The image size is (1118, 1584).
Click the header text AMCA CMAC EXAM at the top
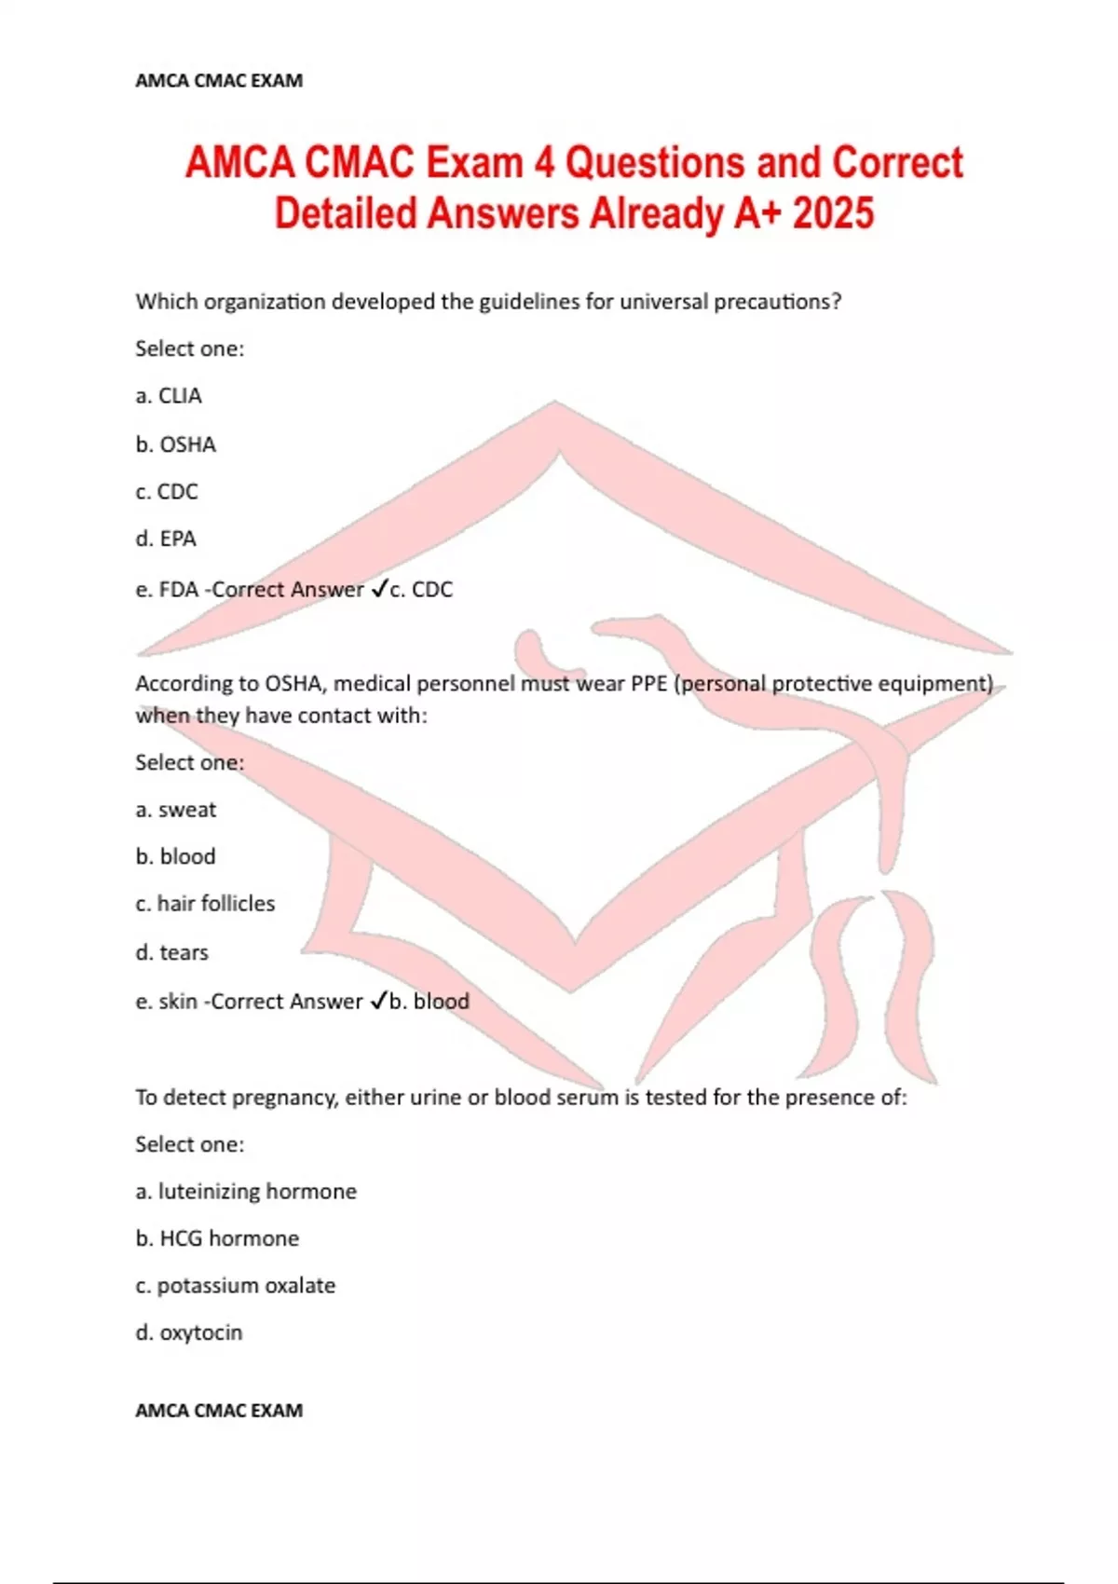tap(219, 81)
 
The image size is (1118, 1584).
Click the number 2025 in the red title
tap(833, 213)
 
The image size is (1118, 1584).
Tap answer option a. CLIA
tap(169, 396)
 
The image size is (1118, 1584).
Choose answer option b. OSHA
tap(175, 444)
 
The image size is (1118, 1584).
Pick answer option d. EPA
tap(166, 539)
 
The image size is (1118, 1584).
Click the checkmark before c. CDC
tap(379, 589)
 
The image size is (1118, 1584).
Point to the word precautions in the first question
tap(777, 302)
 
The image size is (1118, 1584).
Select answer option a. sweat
tap(175, 810)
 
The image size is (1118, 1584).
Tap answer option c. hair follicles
tap(205, 904)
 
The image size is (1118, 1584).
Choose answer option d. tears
tap(171, 952)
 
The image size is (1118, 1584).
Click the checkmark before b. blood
tap(378, 1001)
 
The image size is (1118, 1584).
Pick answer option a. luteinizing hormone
tap(246, 1192)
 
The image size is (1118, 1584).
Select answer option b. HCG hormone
tap(217, 1238)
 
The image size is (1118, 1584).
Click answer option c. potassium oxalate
tap(235, 1286)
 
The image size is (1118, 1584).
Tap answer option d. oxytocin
tap(188, 1332)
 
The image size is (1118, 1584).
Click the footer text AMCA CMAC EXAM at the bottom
tap(219, 1411)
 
